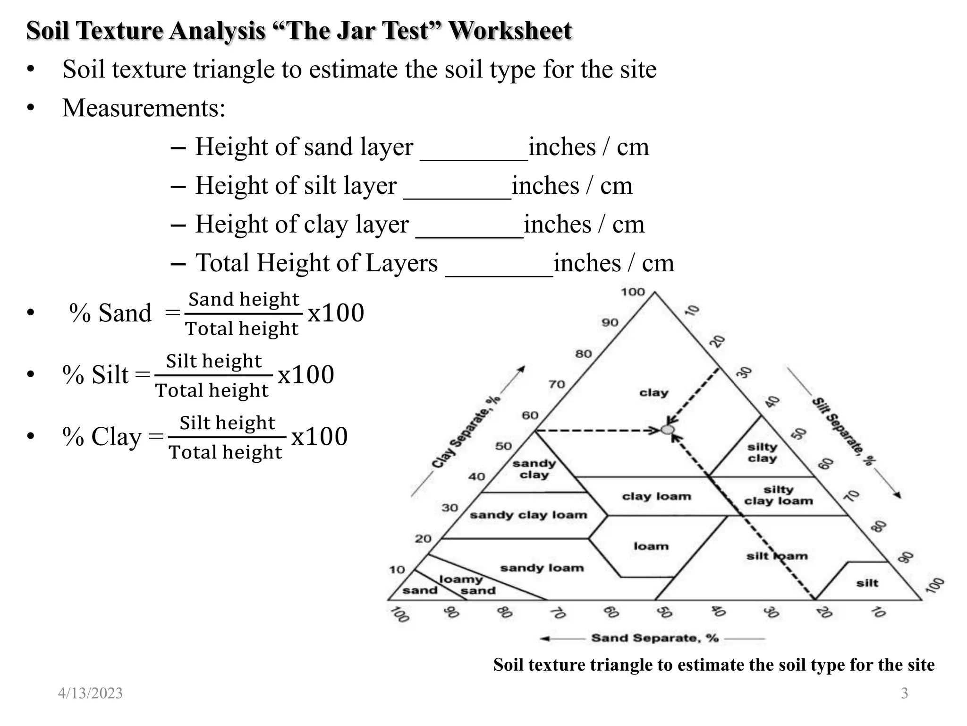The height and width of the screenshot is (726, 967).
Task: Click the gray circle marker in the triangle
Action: pos(667,430)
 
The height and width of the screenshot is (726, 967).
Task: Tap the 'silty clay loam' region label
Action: pos(778,495)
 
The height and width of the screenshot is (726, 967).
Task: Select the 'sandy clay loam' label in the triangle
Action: pos(528,515)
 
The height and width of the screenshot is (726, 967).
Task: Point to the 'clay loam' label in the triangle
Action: pos(656,496)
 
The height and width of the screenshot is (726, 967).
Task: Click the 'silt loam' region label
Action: pos(777,556)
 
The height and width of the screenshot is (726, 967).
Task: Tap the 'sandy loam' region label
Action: pos(542,568)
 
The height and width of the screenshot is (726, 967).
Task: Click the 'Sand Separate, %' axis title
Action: pos(654,638)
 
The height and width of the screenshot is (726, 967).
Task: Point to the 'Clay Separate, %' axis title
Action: pos(466,432)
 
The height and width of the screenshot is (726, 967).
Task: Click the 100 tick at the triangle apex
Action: pos(633,292)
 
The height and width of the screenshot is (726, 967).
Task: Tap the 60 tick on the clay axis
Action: pos(530,415)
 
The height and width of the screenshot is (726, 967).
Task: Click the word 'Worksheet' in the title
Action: pos(510,31)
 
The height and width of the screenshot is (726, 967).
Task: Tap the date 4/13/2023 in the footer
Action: pos(90,693)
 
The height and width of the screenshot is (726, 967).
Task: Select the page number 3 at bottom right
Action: pos(904,693)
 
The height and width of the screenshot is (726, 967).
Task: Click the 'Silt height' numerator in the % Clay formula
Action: pos(227,423)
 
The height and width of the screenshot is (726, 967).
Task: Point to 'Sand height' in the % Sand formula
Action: pos(244,299)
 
